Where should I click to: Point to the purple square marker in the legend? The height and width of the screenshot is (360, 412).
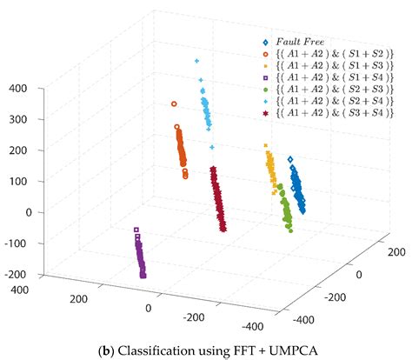[x=264, y=78]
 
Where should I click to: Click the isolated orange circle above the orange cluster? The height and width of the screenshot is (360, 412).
[x=174, y=103]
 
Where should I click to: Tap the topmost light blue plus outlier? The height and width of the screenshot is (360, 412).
[x=196, y=61]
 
